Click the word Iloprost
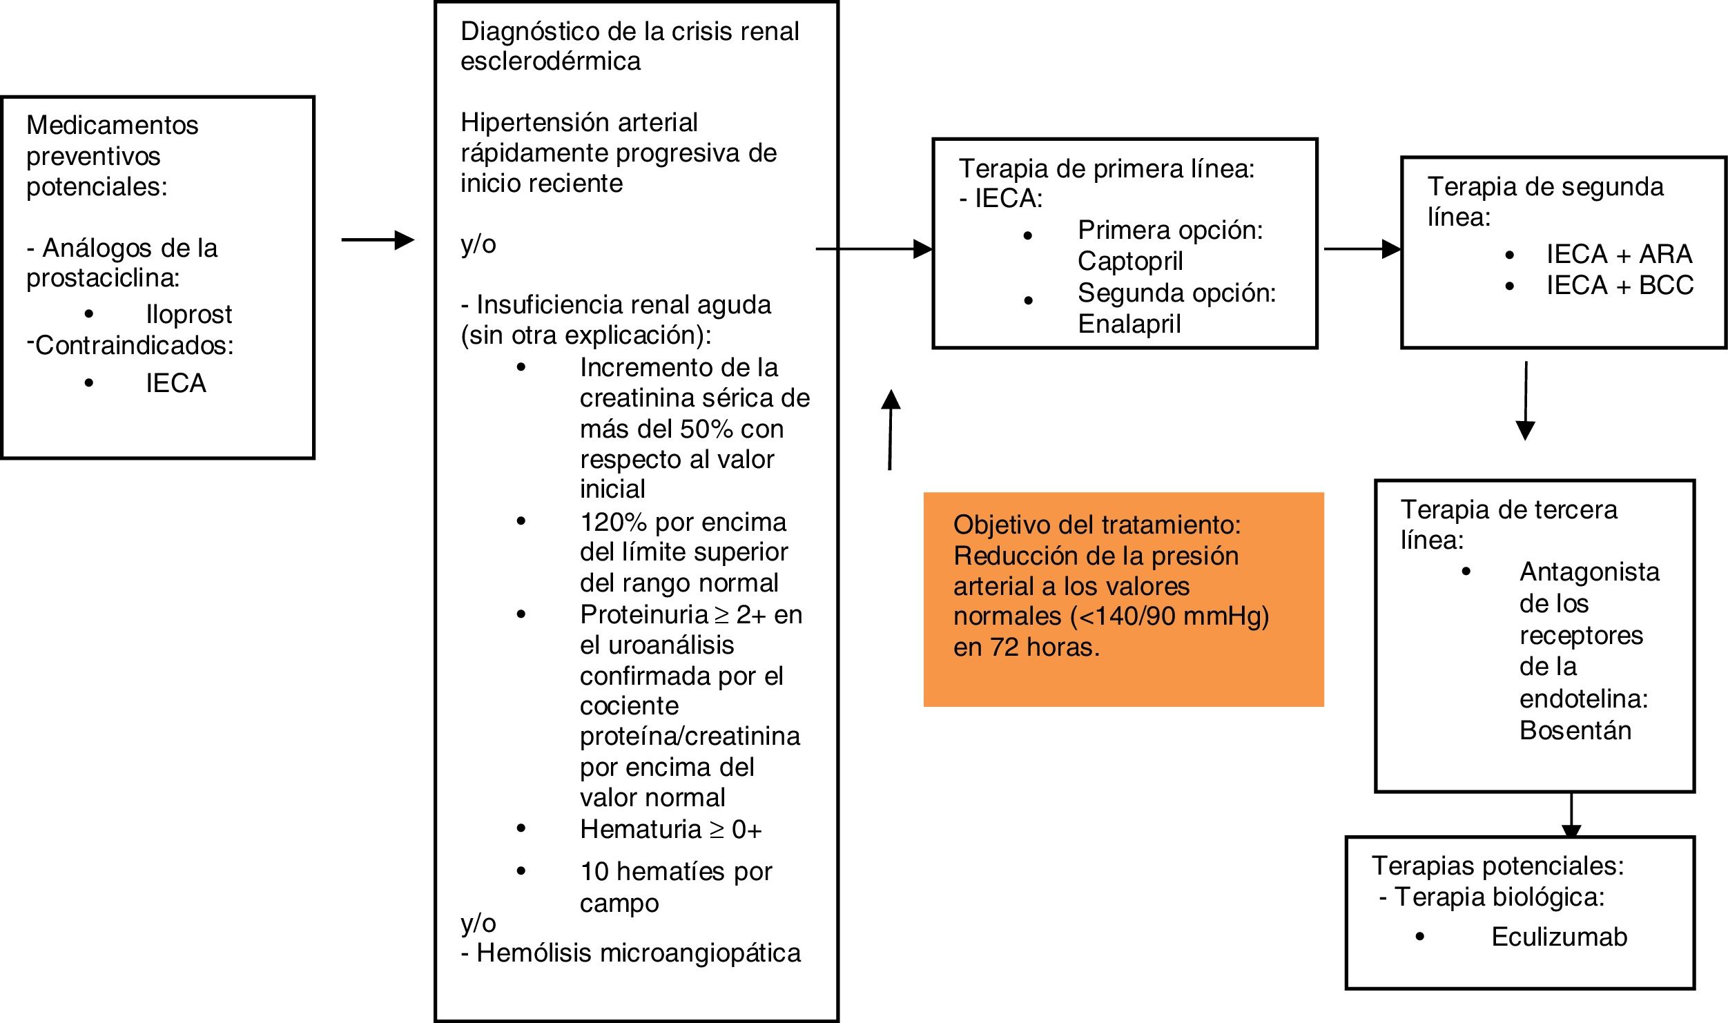tap(188, 315)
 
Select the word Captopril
tap(1130, 261)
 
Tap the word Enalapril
tap(1129, 324)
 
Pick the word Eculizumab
tap(1559, 937)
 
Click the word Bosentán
tap(1575, 730)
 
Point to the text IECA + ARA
tap(1619, 254)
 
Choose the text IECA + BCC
tap(1620, 285)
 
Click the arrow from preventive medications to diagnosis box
tap(378, 240)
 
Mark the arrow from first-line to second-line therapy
tap(1361, 249)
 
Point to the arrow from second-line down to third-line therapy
tap(1525, 400)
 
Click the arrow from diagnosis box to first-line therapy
tap(874, 249)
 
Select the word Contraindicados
tap(134, 345)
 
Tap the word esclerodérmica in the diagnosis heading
tap(550, 61)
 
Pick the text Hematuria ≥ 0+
tap(670, 829)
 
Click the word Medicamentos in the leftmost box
tap(113, 126)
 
